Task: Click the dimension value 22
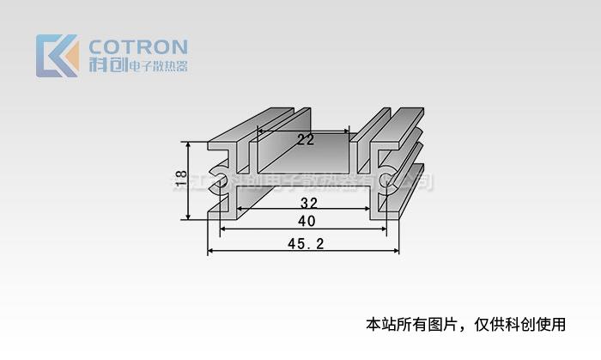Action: pos(305,140)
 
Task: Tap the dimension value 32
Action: pos(310,204)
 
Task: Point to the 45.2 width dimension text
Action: pos(305,244)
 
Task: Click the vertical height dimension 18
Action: pos(180,178)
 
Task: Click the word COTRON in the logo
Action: pos(138,46)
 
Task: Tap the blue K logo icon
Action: pos(57,56)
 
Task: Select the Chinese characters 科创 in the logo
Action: pos(107,65)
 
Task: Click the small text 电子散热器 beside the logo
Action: pos(157,66)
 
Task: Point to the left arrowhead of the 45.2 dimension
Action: pos(211,252)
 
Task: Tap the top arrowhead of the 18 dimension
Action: pos(185,143)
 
